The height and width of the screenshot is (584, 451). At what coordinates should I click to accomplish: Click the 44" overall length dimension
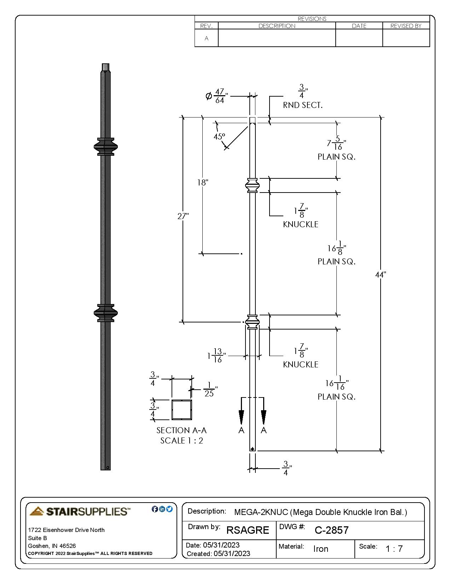point(381,274)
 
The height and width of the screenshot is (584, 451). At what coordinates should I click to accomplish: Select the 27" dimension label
point(183,216)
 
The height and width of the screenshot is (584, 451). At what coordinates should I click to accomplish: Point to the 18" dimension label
point(203,183)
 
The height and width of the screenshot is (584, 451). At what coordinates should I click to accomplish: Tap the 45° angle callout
point(219,137)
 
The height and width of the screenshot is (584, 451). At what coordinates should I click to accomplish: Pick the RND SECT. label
point(303,105)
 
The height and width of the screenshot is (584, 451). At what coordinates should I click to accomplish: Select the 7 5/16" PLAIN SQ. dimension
point(336,144)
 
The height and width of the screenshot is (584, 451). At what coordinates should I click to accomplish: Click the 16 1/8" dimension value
point(336,248)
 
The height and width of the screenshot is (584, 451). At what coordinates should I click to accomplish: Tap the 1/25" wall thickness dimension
point(209,389)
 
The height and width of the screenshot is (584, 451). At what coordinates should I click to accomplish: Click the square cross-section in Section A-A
point(182,410)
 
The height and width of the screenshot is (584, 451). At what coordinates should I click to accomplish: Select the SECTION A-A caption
point(181,430)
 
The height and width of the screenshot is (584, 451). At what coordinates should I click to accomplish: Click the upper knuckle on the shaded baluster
point(106,147)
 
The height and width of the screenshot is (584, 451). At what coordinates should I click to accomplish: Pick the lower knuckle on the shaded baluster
point(106,313)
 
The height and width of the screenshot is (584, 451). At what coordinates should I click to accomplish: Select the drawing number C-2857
point(331,530)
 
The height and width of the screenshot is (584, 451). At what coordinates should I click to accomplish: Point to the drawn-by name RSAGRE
point(248,530)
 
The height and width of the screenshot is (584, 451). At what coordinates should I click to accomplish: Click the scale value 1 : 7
point(394,549)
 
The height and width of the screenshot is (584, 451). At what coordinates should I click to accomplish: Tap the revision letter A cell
point(207,38)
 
